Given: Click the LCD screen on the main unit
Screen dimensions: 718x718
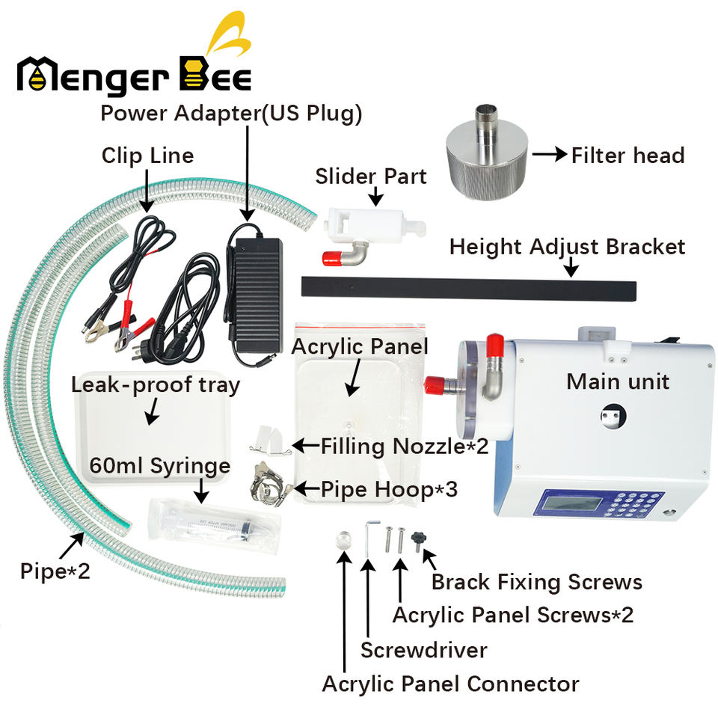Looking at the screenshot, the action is [x=571, y=503].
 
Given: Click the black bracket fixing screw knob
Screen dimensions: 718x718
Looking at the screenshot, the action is [x=418, y=540].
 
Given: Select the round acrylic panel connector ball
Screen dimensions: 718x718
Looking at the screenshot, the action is [x=343, y=538].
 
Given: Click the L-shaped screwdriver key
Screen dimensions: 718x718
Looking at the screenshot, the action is [x=369, y=538].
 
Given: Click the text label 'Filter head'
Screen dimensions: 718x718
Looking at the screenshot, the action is [x=628, y=156].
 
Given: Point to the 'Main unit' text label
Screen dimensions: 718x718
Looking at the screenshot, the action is [x=618, y=381].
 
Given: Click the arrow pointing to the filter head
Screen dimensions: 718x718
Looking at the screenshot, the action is [x=550, y=154].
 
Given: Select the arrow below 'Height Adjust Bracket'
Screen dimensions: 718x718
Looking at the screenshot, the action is [x=571, y=267].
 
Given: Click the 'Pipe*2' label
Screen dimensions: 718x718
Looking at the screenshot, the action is [x=55, y=571].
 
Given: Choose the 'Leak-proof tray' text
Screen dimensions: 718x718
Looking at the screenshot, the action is [x=156, y=386].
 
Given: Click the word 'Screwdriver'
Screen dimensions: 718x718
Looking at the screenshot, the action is [x=424, y=650].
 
